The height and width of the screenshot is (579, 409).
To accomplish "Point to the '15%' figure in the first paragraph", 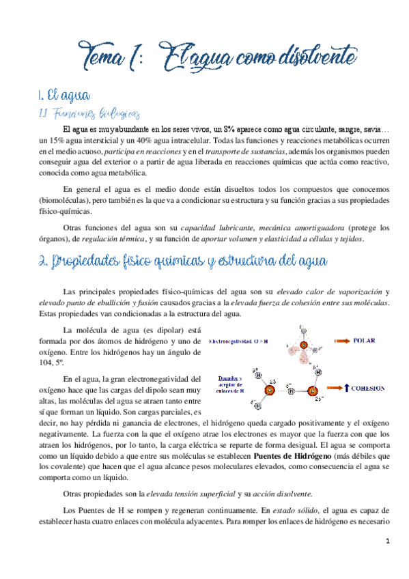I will [59, 141].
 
